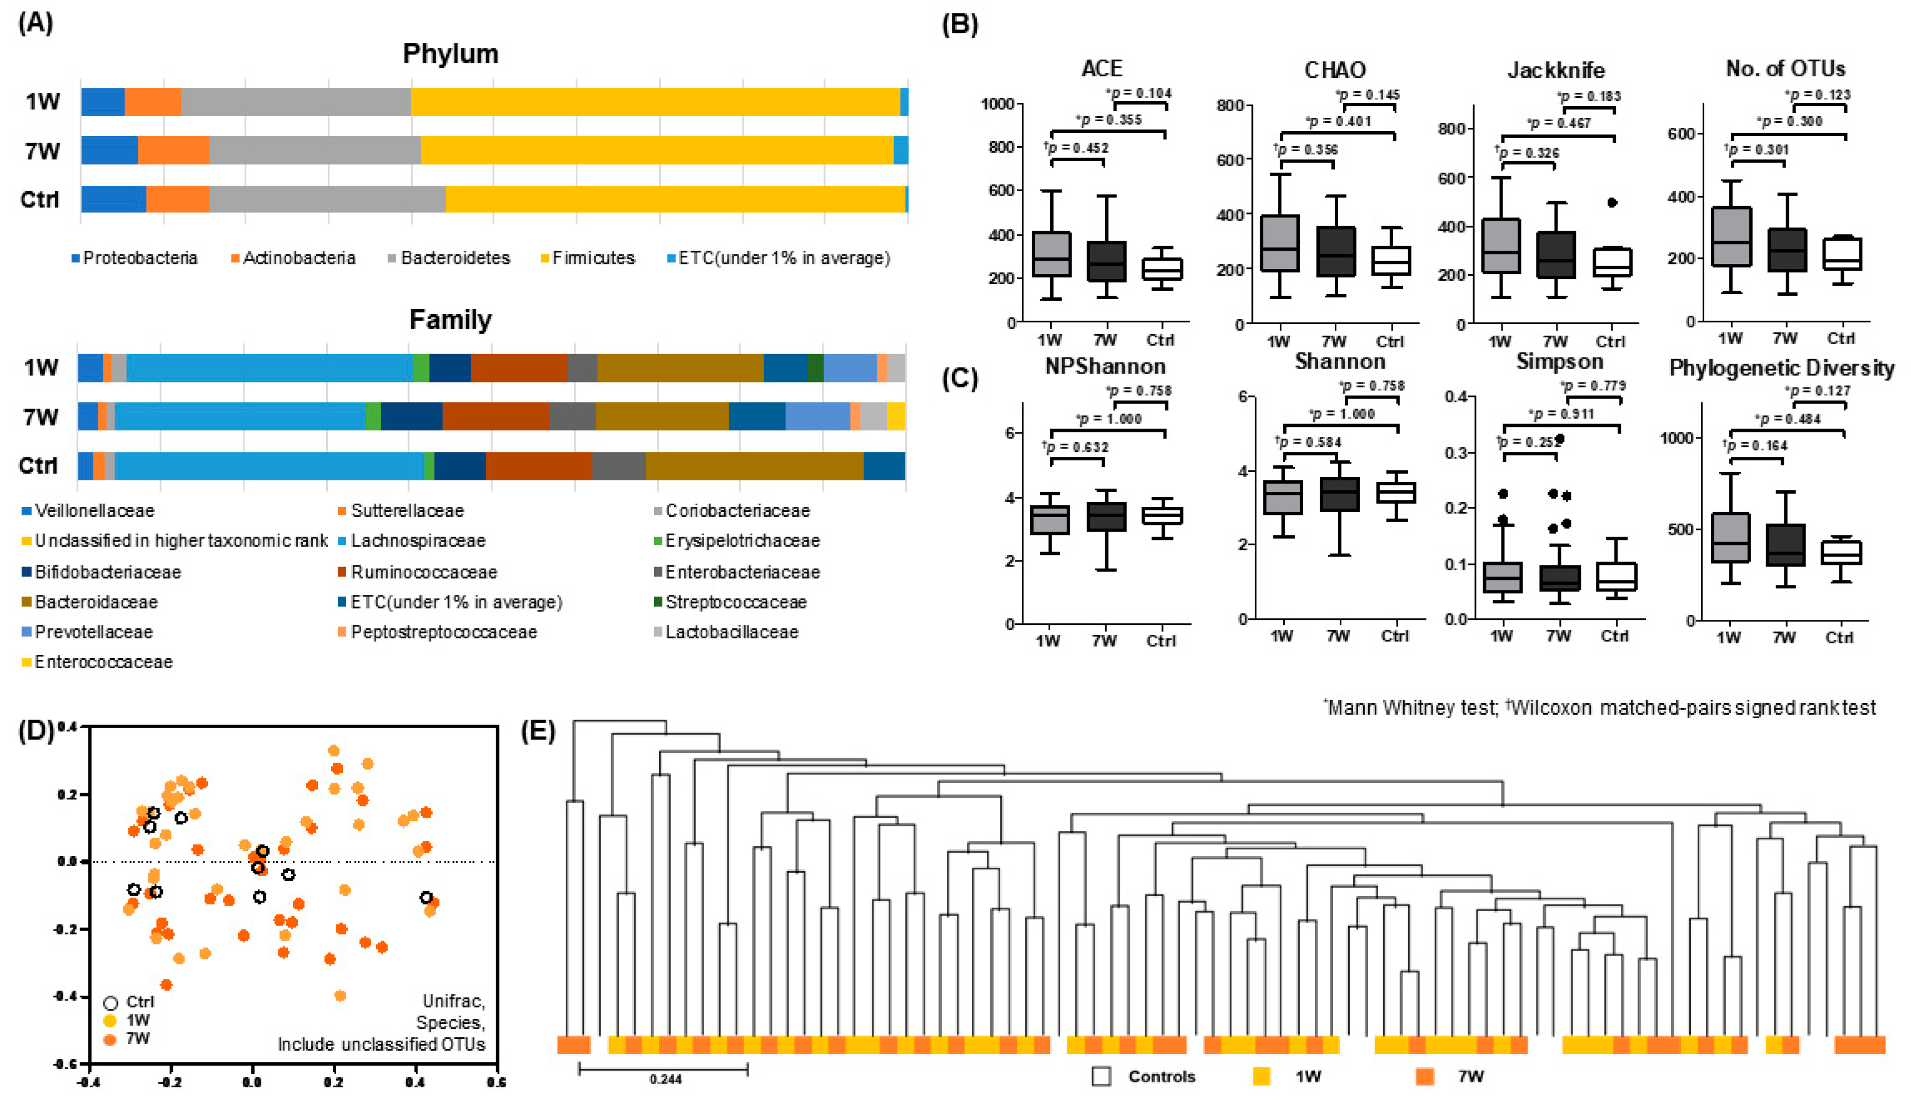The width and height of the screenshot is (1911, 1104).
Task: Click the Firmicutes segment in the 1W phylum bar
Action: click(656, 102)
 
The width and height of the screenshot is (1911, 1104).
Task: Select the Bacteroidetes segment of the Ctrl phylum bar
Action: click(327, 198)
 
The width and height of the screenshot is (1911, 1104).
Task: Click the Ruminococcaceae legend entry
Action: click(423, 571)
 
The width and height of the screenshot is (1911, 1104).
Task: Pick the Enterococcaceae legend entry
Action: click(103, 662)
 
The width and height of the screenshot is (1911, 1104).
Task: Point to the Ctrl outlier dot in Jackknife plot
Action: click(1611, 202)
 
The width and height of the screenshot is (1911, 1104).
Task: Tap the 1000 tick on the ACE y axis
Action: click(998, 104)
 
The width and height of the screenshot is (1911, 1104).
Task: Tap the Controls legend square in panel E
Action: click(1101, 1076)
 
